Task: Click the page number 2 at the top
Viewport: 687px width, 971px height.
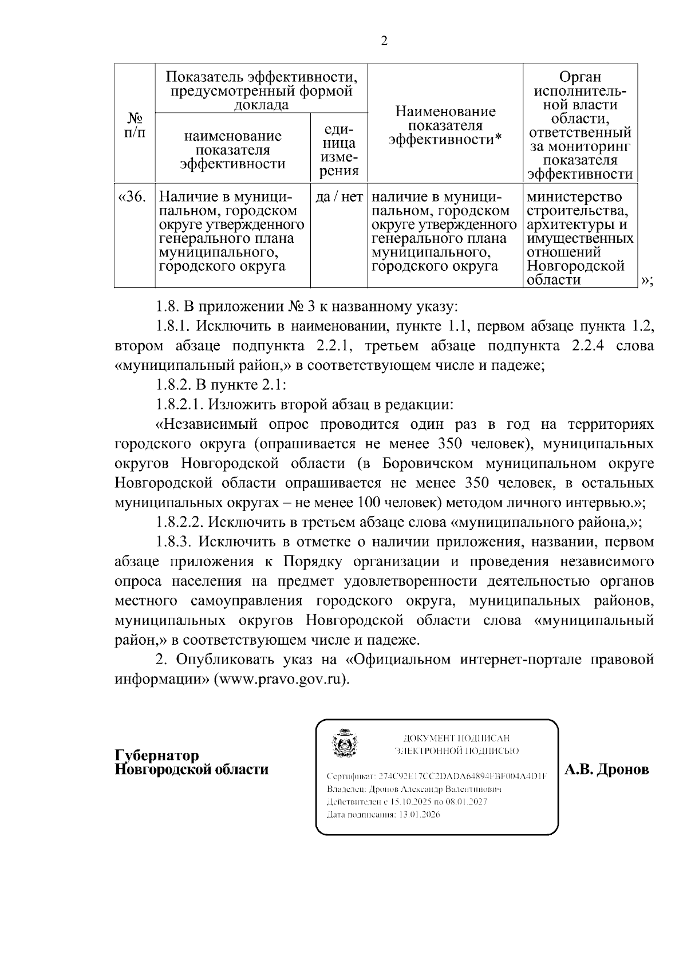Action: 384,41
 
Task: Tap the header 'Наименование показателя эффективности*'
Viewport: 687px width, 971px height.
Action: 445,125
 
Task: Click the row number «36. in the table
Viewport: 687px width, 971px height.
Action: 132,198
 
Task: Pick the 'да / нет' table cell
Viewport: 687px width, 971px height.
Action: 339,198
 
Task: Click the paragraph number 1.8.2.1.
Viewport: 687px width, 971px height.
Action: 180,405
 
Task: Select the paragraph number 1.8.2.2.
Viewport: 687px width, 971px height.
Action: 180,522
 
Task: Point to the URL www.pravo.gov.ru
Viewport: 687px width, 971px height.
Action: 281,679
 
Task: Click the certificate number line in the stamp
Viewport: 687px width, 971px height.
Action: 436,777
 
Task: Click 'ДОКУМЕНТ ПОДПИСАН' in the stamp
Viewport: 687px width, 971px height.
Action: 456,739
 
